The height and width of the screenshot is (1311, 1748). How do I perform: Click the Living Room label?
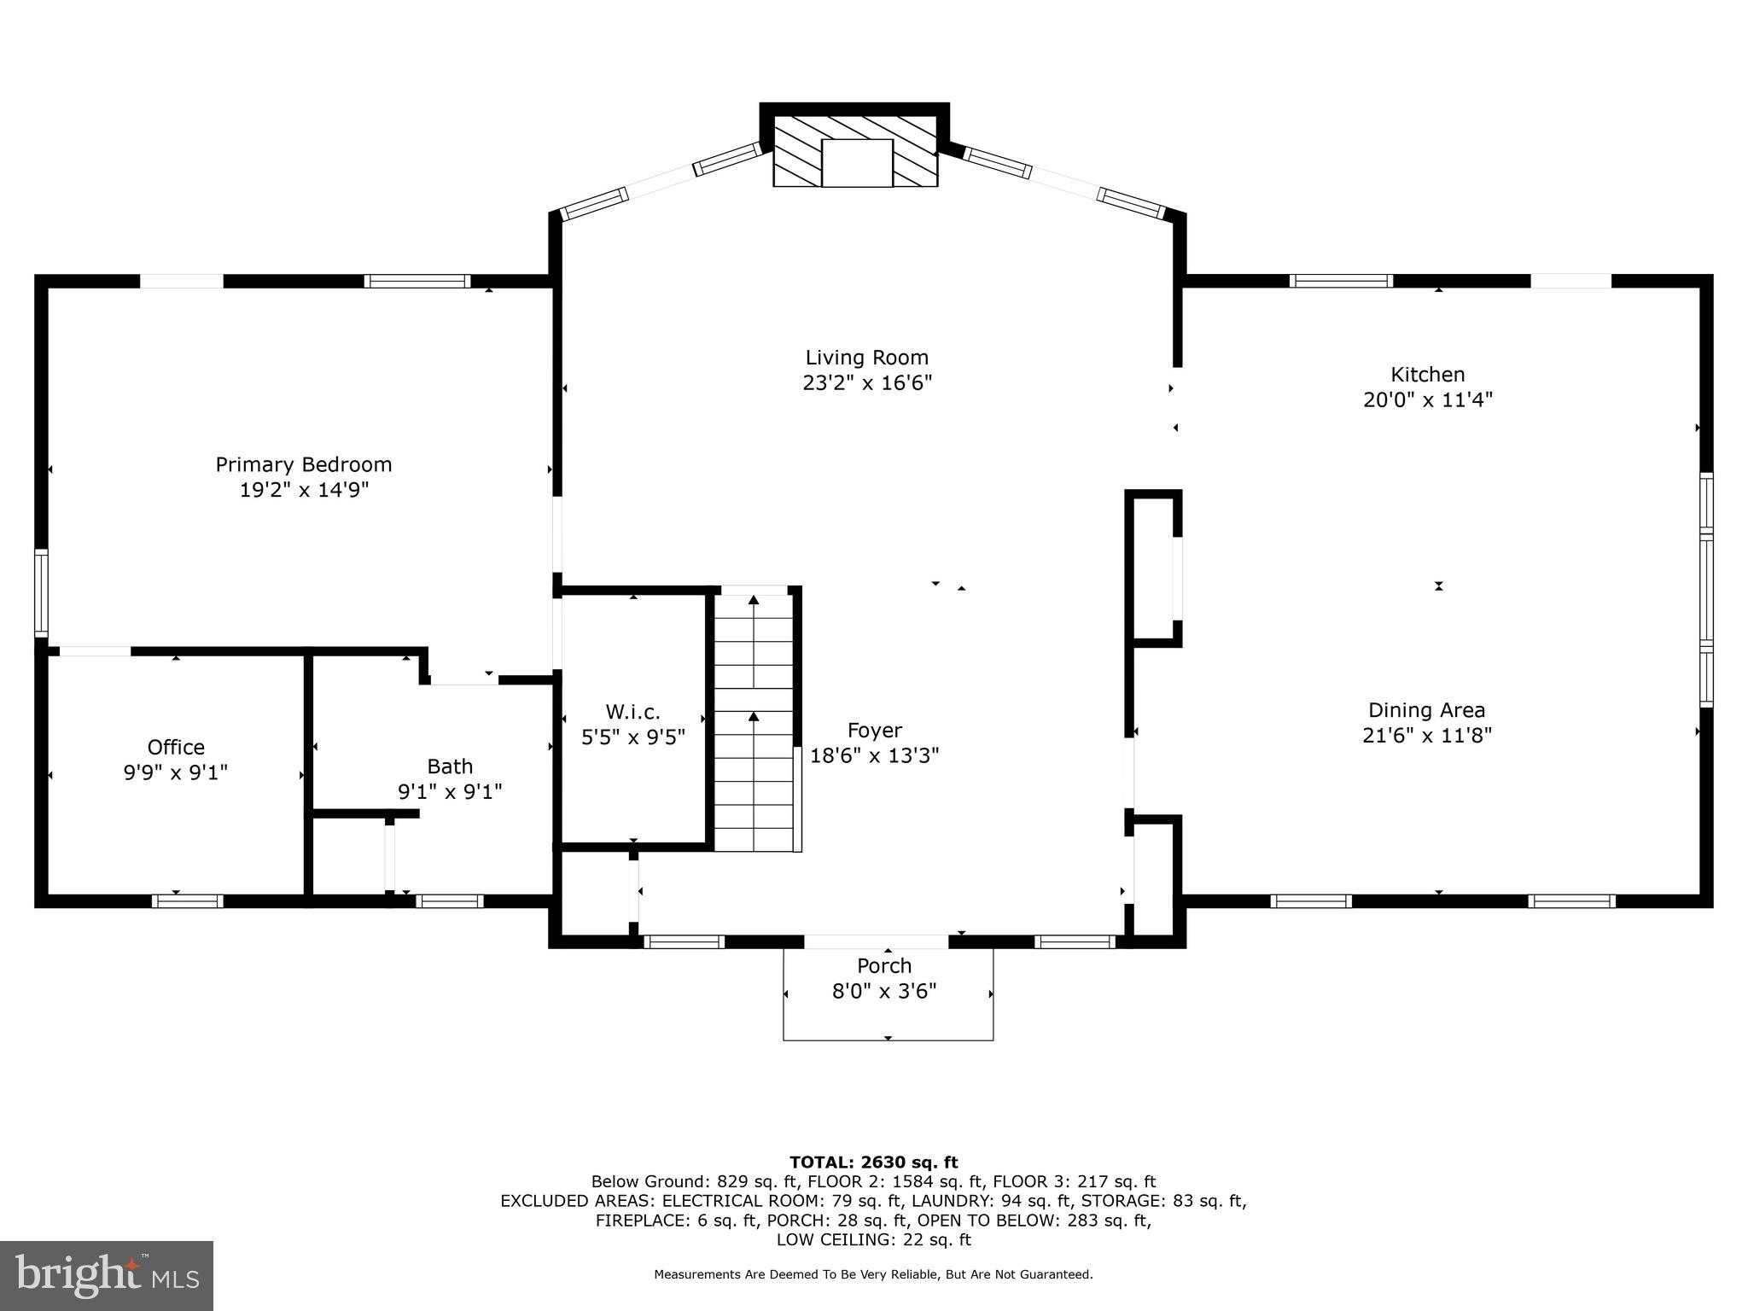[x=866, y=358]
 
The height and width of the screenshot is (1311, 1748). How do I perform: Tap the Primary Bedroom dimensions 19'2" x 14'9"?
[x=304, y=490]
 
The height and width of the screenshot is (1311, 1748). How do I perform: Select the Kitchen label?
[x=1427, y=374]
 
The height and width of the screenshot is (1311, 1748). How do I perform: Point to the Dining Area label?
[x=1426, y=710]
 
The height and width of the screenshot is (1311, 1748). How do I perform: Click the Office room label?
[x=176, y=748]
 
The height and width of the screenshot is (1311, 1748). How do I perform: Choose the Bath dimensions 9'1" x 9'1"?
[x=450, y=792]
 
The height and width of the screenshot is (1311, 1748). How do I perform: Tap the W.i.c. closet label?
[x=632, y=712]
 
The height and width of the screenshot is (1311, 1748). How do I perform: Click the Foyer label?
[x=874, y=731]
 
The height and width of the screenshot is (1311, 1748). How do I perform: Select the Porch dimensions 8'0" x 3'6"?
[x=884, y=991]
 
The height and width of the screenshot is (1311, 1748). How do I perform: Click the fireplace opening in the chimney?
[x=857, y=163]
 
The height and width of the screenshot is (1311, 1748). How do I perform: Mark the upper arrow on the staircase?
[x=754, y=601]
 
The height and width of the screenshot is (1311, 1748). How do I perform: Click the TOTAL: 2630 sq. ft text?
[x=873, y=1162]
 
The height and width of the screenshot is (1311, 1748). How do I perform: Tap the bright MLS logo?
[x=107, y=1275]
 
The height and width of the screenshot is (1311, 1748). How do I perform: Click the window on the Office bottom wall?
[x=188, y=900]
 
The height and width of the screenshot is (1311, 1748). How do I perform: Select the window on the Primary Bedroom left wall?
[x=41, y=592]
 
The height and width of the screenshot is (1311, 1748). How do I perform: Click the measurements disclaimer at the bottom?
[x=873, y=1274]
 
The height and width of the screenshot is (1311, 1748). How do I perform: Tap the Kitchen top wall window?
[x=1340, y=281]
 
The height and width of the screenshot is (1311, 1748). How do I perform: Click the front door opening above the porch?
[x=876, y=941]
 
